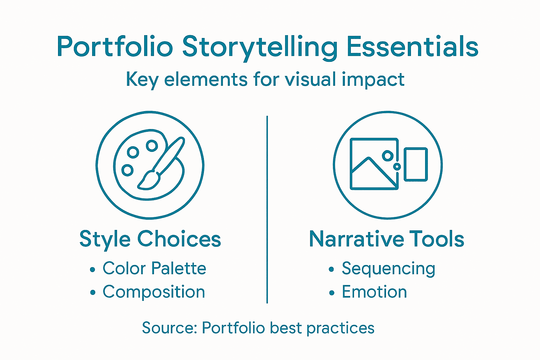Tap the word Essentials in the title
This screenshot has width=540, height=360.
[412, 46]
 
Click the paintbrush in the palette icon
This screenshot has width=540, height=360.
[162, 163]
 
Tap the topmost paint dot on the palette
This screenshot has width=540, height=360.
[152, 145]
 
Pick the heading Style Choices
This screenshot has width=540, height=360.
[150, 239]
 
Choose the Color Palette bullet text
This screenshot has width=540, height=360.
[154, 269]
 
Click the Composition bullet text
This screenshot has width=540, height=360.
[154, 292]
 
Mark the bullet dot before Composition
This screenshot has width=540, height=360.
[92, 292]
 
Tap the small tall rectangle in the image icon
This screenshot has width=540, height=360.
[416, 164]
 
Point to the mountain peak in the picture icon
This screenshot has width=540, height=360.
[368, 159]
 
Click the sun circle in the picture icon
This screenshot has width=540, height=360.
[387, 155]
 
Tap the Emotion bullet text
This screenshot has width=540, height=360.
[374, 292]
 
